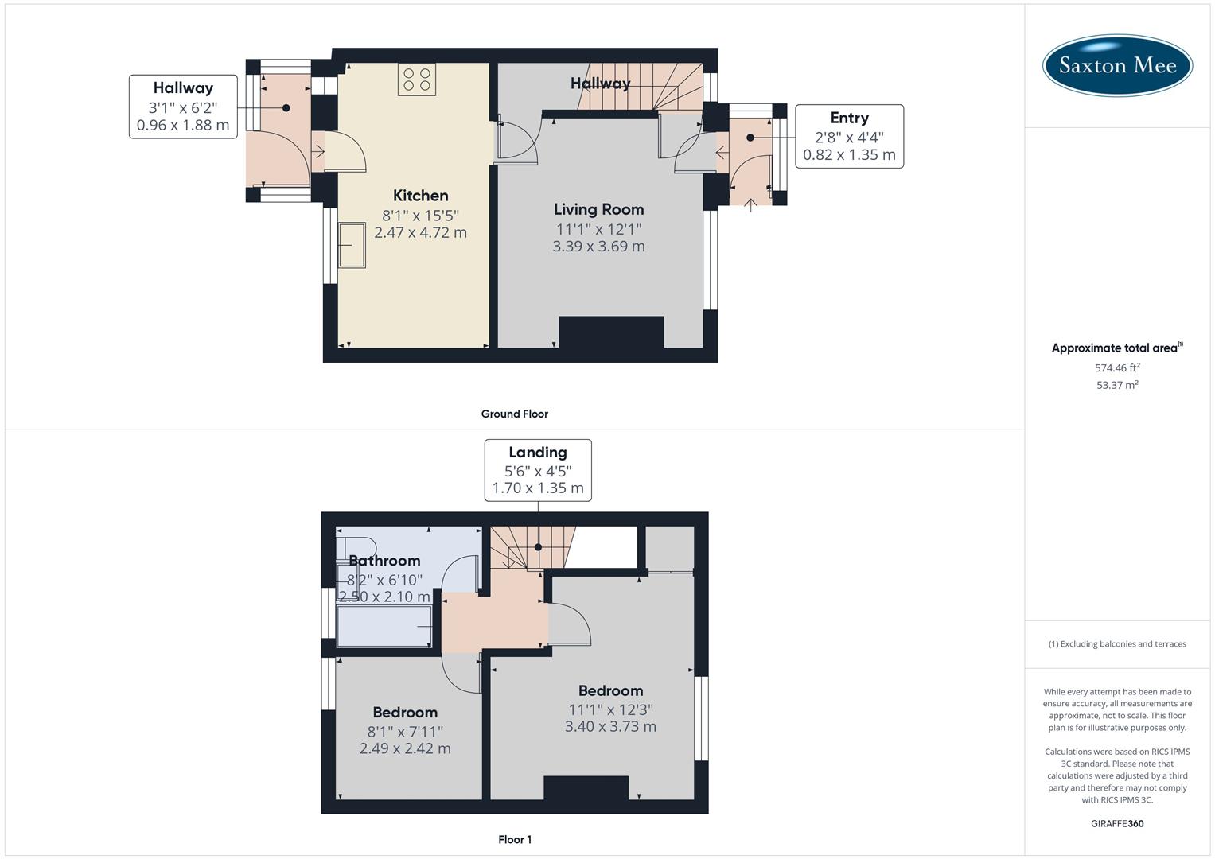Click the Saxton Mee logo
[x=1117, y=65]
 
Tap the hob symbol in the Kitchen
[x=417, y=80]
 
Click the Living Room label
[x=598, y=209]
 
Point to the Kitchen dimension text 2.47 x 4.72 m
[x=420, y=233]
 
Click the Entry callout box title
[x=849, y=118]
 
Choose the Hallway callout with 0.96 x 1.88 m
[x=183, y=107]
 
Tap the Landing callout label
[x=538, y=453]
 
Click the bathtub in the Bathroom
[x=384, y=627]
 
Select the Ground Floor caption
[x=514, y=414]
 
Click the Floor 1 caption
[x=515, y=839]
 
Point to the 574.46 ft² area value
[x=1117, y=367]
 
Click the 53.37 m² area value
[x=1117, y=385]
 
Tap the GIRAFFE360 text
[x=1117, y=823]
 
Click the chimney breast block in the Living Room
[x=611, y=332]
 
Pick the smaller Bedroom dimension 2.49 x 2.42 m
[x=405, y=748]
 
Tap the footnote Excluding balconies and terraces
[x=1117, y=644]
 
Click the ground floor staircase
[x=644, y=87]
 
